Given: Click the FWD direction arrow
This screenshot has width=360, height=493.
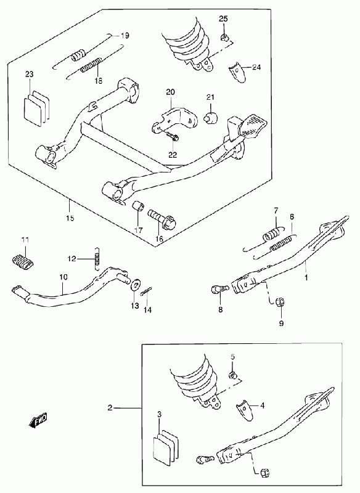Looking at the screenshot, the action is [x=38, y=420].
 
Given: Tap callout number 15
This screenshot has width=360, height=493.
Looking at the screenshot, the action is [x=70, y=218].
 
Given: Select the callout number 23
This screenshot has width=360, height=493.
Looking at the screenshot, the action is [x=29, y=74].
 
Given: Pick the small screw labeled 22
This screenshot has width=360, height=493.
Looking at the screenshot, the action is [x=171, y=136].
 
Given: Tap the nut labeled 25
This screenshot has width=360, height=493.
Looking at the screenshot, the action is [x=223, y=37].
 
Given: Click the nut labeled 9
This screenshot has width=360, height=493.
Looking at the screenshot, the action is [x=280, y=302].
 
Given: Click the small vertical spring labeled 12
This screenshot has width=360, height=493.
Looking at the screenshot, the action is [x=97, y=258].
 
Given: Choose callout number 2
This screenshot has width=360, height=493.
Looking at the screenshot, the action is [x=110, y=408].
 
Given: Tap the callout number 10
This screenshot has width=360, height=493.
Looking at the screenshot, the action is [x=63, y=277].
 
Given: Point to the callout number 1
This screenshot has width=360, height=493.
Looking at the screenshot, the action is [x=306, y=278].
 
